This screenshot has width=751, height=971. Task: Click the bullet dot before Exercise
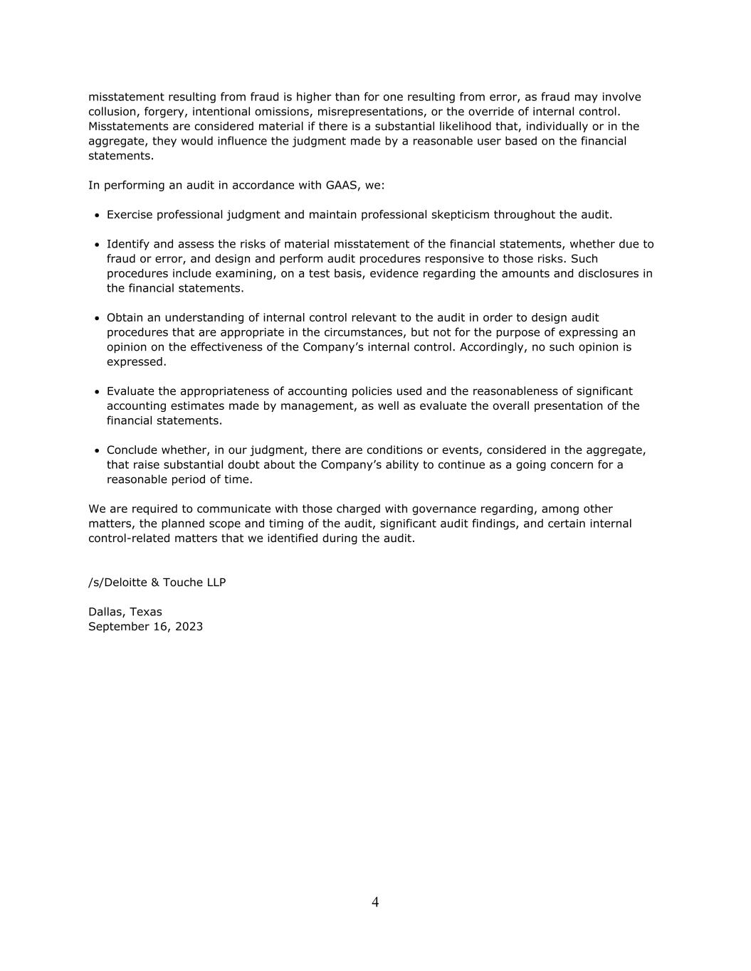(97, 216)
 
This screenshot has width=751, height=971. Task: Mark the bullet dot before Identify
(97, 245)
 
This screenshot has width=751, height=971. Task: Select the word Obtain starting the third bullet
(125, 318)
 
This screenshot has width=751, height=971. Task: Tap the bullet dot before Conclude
(97, 451)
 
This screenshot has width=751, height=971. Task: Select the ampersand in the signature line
(155, 583)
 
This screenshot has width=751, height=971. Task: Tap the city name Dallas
(106, 612)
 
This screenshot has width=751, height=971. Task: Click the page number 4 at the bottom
(375, 903)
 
